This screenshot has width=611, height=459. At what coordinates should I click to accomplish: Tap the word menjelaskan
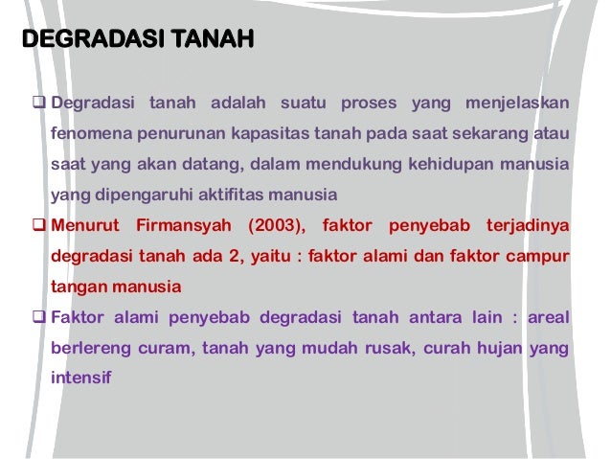click(517, 103)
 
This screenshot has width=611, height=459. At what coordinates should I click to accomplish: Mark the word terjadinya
click(525, 226)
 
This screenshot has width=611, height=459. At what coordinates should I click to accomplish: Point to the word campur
click(538, 257)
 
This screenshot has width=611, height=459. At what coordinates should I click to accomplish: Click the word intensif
click(80, 379)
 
